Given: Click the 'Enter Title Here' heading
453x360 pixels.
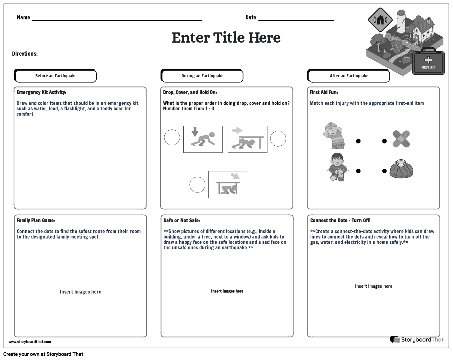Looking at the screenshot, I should coord(226,38).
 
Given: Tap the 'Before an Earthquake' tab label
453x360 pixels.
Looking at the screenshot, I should coord(56,76).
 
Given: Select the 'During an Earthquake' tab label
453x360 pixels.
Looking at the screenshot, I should coord(202,76).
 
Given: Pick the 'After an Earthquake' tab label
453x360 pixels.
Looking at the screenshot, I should coord(349,76).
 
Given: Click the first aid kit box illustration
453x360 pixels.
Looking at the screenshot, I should coord(428,63).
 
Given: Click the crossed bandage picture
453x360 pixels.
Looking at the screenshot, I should coord(401,139).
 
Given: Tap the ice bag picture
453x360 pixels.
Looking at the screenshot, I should coord(402,169).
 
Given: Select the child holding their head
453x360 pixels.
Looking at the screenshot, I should coord(334,135).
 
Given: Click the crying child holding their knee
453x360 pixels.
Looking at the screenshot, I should coord(337,167).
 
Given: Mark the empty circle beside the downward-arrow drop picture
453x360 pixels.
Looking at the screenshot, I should coord(172,138).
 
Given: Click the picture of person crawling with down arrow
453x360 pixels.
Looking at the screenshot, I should coord(203,139).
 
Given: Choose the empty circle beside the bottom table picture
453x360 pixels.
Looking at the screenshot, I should coord(197,185).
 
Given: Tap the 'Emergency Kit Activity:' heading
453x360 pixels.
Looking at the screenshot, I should coord(41,93).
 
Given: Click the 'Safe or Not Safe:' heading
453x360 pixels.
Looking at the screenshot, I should coord(182,221).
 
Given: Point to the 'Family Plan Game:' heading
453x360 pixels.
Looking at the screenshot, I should coord(36,221).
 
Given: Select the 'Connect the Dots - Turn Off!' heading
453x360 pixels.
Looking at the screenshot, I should coord(340,221).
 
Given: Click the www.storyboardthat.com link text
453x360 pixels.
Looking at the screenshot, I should coord(30,342).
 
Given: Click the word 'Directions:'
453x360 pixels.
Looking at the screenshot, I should coord(25,54).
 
